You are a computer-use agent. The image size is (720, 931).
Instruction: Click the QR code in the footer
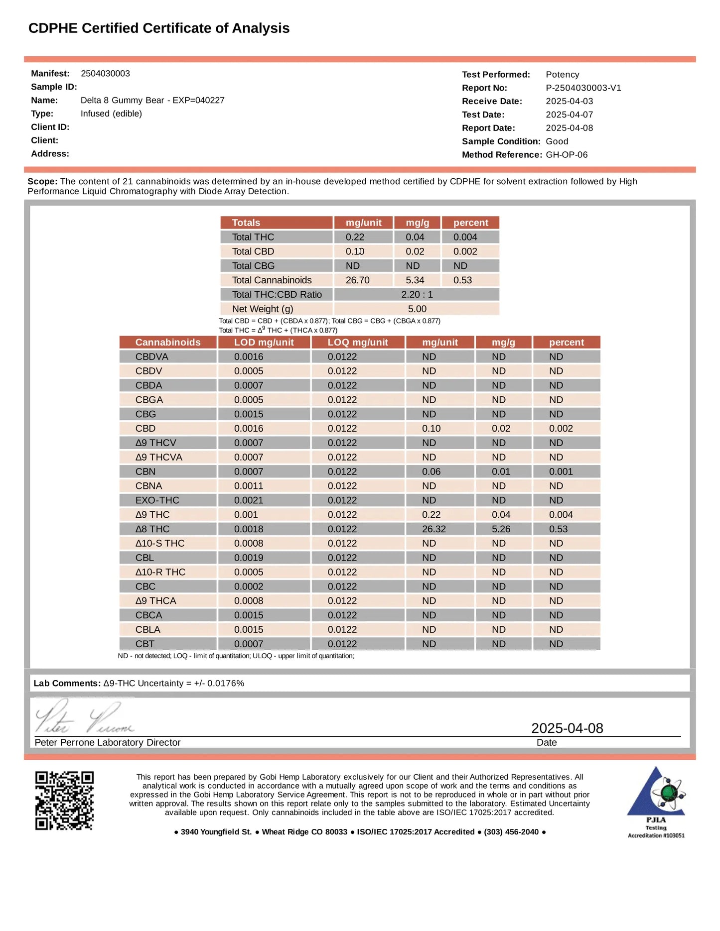tap(64, 801)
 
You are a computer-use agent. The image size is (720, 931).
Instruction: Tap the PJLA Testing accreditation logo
tap(656, 802)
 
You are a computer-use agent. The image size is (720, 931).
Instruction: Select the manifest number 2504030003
tap(105, 74)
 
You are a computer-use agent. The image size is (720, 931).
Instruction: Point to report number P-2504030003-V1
tap(583, 88)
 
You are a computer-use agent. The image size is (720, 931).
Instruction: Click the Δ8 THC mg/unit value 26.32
tap(433, 529)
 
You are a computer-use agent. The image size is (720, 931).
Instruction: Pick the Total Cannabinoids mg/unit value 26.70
tap(357, 280)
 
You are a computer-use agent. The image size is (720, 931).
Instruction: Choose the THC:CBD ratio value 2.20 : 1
tap(417, 295)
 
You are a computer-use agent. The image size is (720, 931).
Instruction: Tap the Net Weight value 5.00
tap(417, 309)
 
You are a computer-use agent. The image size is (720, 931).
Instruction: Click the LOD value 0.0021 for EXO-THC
tap(249, 500)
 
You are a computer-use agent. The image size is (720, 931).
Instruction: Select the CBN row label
tap(145, 471)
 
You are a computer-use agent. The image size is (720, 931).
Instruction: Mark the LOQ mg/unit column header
tap(357, 343)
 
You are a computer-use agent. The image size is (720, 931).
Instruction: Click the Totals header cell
tap(246, 223)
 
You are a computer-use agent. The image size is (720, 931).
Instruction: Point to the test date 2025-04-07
tap(569, 115)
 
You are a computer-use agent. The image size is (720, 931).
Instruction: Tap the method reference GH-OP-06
tap(567, 155)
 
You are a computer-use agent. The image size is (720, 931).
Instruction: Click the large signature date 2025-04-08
tap(567, 728)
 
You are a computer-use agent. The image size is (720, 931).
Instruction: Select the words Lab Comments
tap(67, 684)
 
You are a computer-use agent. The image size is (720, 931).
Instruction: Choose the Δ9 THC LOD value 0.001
tap(246, 515)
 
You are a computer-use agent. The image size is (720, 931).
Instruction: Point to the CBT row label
tap(145, 644)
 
